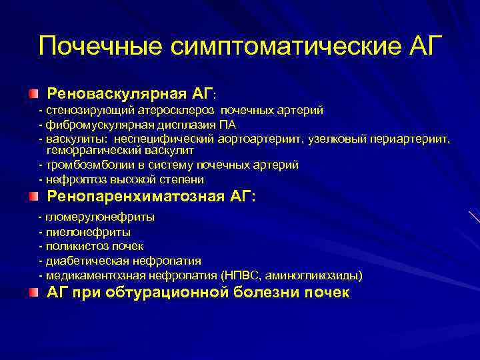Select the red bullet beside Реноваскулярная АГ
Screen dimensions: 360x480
[x=33, y=91]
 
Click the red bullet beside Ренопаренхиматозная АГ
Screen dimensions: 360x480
[x=33, y=197]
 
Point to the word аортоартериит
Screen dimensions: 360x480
[x=266, y=139]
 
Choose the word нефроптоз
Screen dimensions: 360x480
[x=71, y=179]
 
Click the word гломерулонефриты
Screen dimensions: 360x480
[x=100, y=217]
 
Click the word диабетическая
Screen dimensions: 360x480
[x=85, y=261]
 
